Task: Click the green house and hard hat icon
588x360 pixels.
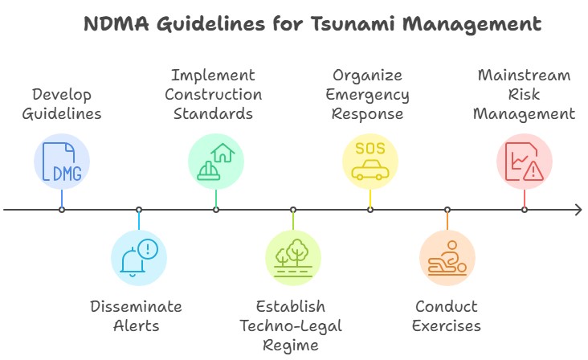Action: (x=215, y=161)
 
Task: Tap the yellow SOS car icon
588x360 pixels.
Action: (x=370, y=161)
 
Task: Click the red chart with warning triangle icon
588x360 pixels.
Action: (x=524, y=161)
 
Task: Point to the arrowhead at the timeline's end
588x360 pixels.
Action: (x=578, y=210)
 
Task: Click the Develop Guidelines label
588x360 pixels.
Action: (x=62, y=104)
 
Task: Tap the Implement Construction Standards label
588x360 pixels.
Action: (x=215, y=94)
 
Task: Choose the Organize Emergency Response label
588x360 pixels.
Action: (x=370, y=94)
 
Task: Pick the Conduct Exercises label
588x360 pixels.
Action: (x=447, y=316)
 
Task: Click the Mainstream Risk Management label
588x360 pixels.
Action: (x=524, y=94)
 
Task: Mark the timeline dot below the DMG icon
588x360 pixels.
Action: (x=62, y=210)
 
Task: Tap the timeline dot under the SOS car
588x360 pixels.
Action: (x=370, y=210)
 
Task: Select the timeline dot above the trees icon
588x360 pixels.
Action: (x=292, y=210)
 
